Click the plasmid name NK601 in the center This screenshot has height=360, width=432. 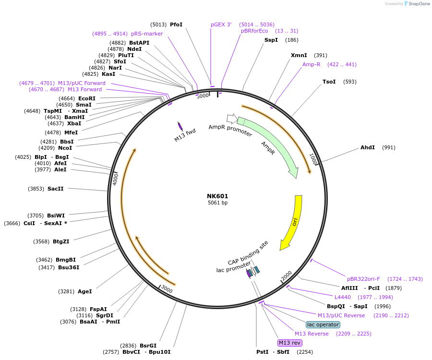tap(217, 196)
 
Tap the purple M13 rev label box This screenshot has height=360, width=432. tap(290, 343)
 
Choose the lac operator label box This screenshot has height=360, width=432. tap(323, 324)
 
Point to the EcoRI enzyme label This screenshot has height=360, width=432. tap(87, 98)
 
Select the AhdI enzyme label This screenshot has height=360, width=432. tap(368, 147)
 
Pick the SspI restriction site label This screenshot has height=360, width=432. tap(271, 40)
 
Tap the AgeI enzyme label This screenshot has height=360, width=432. tap(84, 291)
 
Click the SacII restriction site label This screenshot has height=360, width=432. tap(55, 189)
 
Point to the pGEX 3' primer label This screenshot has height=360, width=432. tap(221, 24)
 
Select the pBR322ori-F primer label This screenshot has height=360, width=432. tap(363, 279)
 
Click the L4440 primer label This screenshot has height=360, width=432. tap(344, 297)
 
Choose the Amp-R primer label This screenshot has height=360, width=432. tap(311, 64)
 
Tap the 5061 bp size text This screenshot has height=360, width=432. tap(217, 203)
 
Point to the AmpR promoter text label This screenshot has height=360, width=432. tap(230, 130)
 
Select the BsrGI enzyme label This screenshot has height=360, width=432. tap(148, 346)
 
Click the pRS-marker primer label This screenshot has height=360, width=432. tap(147, 34)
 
